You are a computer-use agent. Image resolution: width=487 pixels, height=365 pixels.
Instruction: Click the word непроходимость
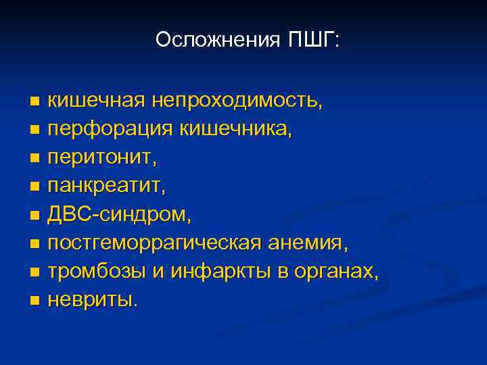coord(237,101)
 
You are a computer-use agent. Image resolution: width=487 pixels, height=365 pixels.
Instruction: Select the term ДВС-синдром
coord(120,214)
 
